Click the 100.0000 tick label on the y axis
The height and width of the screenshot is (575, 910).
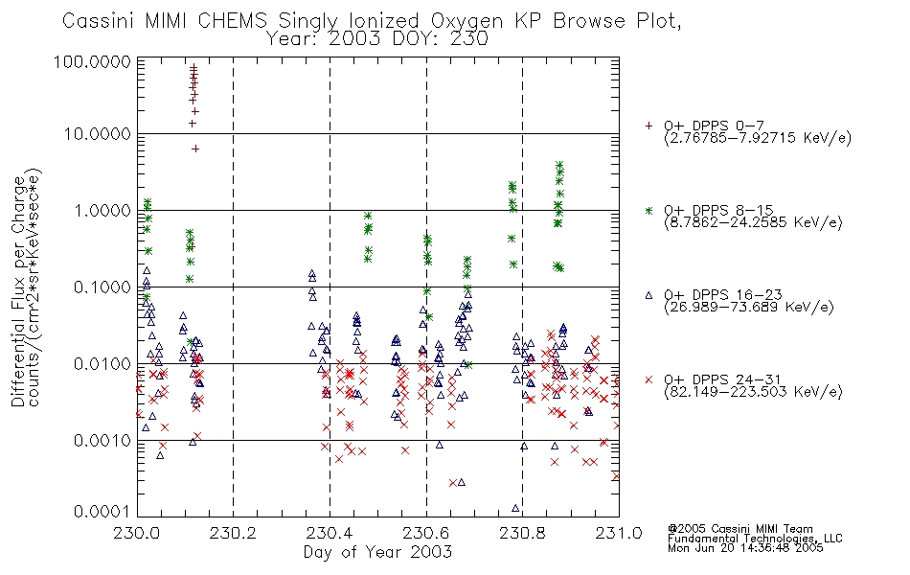point(92,61)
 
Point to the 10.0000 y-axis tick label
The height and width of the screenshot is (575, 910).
point(97,134)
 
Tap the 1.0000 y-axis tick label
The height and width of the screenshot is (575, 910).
point(102,210)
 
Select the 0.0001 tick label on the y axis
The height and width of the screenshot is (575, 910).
point(102,512)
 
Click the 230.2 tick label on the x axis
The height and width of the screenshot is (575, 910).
point(233,533)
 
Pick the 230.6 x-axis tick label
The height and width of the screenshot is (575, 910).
point(426,533)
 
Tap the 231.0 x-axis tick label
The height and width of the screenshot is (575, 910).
point(619,533)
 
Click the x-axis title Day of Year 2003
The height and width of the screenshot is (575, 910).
point(377,552)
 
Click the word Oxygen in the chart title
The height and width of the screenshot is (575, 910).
point(467,21)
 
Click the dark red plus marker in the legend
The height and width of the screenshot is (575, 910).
point(648,126)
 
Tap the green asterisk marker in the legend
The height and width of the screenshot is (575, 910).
point(648,210)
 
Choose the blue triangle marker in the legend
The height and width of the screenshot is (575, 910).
point(648,295)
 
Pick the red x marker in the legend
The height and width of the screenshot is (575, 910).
point(648,379)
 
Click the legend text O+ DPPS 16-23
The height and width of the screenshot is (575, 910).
point(723,295)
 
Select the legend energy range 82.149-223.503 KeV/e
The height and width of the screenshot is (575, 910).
point(753,392)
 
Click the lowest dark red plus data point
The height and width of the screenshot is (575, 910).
point(195,149)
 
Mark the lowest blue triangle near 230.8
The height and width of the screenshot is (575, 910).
point(515,508)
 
